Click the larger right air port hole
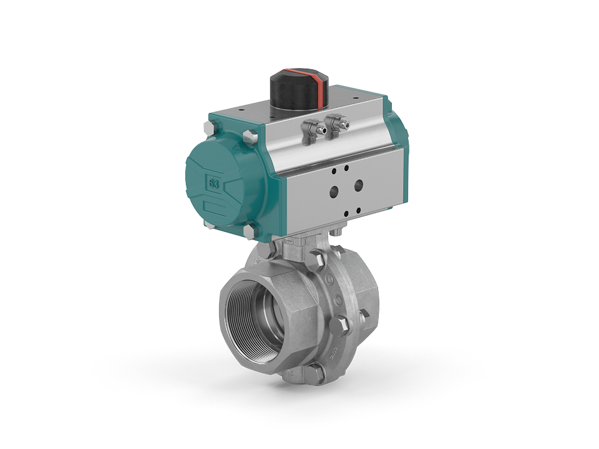[x=359, y=185]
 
